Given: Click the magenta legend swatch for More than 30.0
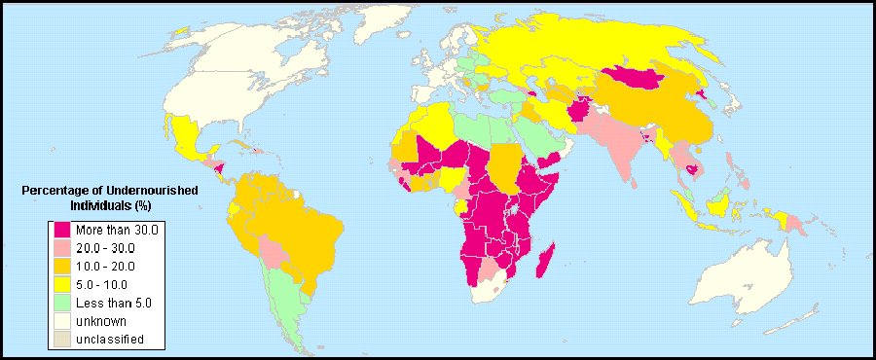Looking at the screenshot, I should pos(62,230).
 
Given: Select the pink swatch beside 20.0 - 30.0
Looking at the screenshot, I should pos(62,248).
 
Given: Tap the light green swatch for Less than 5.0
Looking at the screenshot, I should pos(62,303).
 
